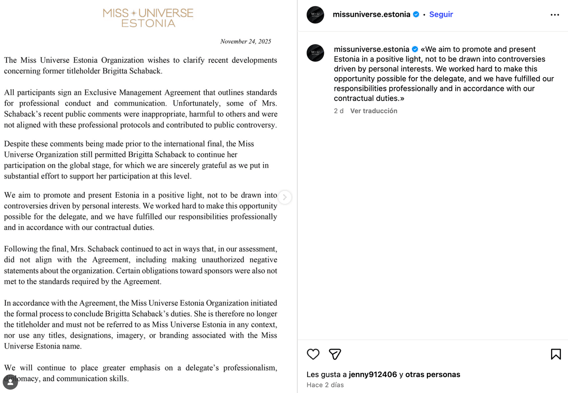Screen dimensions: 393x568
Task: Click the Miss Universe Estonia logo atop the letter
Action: click(148, 18)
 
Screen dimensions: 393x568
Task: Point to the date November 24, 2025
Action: click(245, 41)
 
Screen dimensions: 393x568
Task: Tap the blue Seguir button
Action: click(441, 14)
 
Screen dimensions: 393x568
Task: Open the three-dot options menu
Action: click(555, 15)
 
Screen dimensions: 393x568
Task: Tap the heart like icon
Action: click(313, 354)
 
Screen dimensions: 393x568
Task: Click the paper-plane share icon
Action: click(335, 354)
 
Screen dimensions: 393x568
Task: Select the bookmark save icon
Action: click(556, 354)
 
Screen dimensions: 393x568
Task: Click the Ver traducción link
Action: click(374, 111)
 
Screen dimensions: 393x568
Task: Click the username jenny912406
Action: click(373, 374)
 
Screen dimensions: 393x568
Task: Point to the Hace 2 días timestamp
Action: click(325, 385)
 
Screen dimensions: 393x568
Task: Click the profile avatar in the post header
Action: click(316, 15)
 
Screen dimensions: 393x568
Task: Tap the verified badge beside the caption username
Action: click(415, 49)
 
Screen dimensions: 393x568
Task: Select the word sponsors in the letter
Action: click(214, 271)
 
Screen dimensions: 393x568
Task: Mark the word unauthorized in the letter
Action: click(223, 260)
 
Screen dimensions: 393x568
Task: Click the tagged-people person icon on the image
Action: click(10, 382)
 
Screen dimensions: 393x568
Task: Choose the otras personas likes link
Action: click(433, 374)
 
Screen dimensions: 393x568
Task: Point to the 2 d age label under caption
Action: click(339, 111)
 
